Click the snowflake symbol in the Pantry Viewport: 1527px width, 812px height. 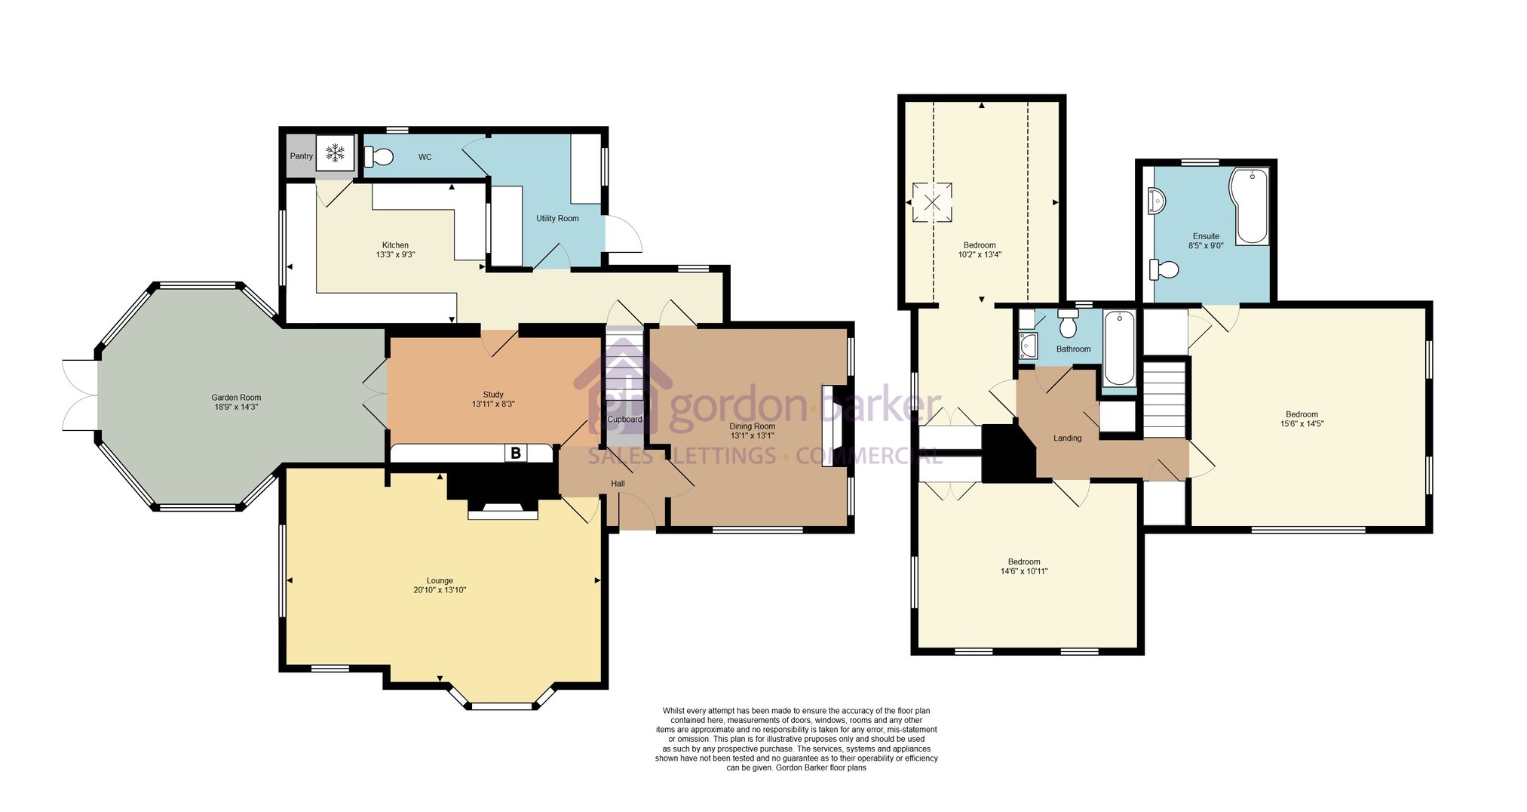(x=336, y=154)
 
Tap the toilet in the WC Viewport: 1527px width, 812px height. (x=379, y=156)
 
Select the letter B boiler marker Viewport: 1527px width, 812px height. (x=516, y=453)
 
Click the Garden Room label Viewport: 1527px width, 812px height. (x=236, y=398)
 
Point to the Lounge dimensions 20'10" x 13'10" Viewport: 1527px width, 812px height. (x=440, y=590)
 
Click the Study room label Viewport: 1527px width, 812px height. (x=493, y=395)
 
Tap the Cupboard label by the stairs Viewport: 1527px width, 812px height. (x=625, y=420)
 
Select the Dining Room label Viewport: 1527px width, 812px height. (x=752, y=426)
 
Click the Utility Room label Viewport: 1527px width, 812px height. (x=557, y=219)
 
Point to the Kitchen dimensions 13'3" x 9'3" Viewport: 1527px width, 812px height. (x=395, y=254)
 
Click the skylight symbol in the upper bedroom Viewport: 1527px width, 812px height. (x=933, y=202)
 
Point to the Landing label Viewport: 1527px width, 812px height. (x=1067, y=438)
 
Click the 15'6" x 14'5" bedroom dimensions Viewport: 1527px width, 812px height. (x=1302, y=424)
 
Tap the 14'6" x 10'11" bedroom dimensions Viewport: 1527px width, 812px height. (x=1024, y=571)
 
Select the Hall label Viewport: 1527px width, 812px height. (x=618, y=484)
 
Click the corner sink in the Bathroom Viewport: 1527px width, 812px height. (x=1027, y=347)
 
